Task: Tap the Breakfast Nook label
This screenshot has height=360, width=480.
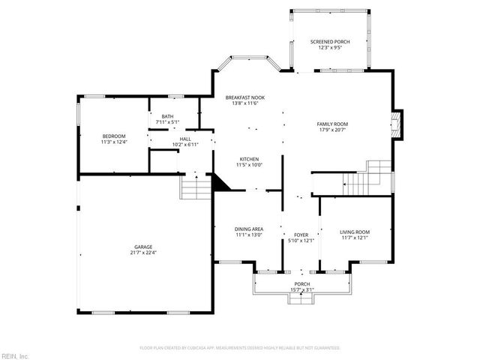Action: (x=245, y=98)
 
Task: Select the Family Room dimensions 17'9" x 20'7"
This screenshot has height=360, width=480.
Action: (x=331, y=129)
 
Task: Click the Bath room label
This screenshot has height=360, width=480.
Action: (x=166, y=116)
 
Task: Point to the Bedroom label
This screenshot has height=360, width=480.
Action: (x=114, y=136)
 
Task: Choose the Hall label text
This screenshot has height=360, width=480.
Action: (x=185, y=139)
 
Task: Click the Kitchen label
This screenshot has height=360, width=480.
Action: (x=249, y=159)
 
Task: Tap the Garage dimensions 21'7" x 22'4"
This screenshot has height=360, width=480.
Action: (x=143, y=252)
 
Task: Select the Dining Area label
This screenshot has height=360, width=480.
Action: (x=249, y=229)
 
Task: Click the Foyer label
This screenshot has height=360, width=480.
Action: (x=301, y=235)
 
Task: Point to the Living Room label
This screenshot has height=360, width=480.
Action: (x=355, y=232)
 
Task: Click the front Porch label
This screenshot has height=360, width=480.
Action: (x=301, y=283)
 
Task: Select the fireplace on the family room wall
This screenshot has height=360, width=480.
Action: (x=399, y=124)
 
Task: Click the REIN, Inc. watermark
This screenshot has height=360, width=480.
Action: (x=15, y=355)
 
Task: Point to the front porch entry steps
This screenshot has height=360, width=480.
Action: (x=301, y=298)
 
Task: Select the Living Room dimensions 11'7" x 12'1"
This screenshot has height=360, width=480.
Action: (x=355, y=238)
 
